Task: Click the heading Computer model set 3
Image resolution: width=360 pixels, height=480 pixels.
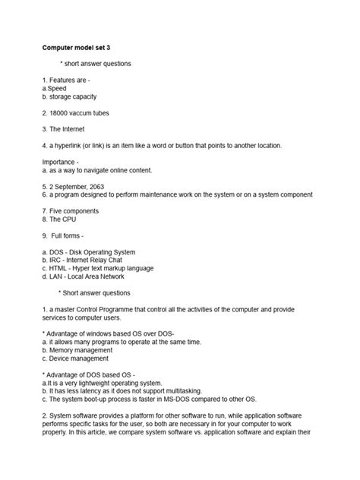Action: [x=81, y=46]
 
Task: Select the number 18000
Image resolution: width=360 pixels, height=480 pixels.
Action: [x=62, y=111]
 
